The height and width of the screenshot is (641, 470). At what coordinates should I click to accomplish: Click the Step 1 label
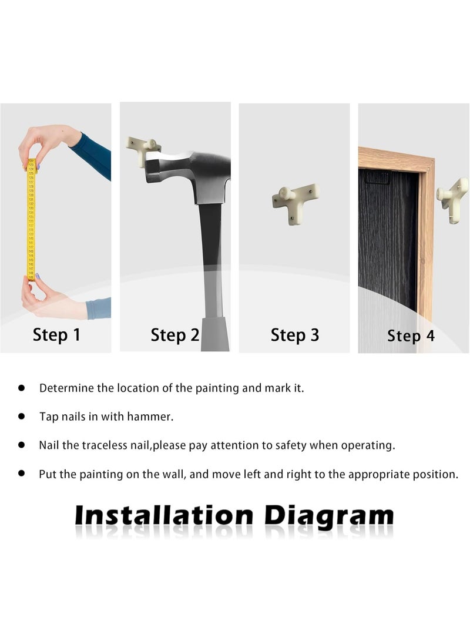[x=56, y=335]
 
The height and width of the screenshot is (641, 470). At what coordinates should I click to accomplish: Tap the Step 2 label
[x=175, y=335]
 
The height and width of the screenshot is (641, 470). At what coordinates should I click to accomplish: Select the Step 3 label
[x=295, y=335]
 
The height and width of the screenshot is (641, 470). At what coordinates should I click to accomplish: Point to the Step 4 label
[x=411, y=336]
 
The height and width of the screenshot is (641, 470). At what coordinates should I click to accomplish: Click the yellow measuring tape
[x=31, y=220]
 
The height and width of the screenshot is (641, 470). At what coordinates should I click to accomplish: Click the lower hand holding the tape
[x=53, y=298]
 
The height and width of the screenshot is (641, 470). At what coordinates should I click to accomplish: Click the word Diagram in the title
[x=329, y=516]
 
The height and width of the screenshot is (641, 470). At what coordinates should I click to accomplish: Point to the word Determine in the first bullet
[x=66, y=388]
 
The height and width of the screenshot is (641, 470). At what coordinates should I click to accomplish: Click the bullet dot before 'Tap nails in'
[x=22, y=417]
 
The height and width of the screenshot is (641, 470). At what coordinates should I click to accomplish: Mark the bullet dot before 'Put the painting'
[x=22, y=474]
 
